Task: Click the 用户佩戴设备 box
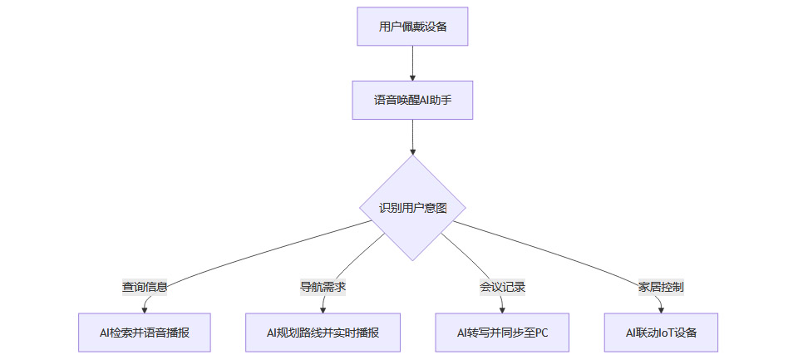pos(412,27)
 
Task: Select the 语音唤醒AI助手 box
pos(412,101)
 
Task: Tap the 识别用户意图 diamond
pos(412,208)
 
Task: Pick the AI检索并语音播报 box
pos(144,333)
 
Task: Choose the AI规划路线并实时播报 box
pos(323,333)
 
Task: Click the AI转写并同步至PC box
pos(502,333)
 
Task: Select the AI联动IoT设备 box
pos(661,333)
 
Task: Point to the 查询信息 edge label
pos(145,287)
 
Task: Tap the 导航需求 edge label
pos(323,287)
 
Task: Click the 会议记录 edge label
pos(502,287)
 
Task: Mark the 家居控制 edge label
pos(661,287)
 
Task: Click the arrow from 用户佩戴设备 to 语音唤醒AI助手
pos(412,63)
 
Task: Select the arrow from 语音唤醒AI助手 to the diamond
pos(412,137)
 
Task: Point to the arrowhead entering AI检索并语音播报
pos(145,309)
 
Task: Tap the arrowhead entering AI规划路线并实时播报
pos(323,309)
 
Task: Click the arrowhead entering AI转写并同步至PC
pos(502,309)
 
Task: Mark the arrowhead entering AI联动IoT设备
pos(661,309)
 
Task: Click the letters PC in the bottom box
pos(540,333)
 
